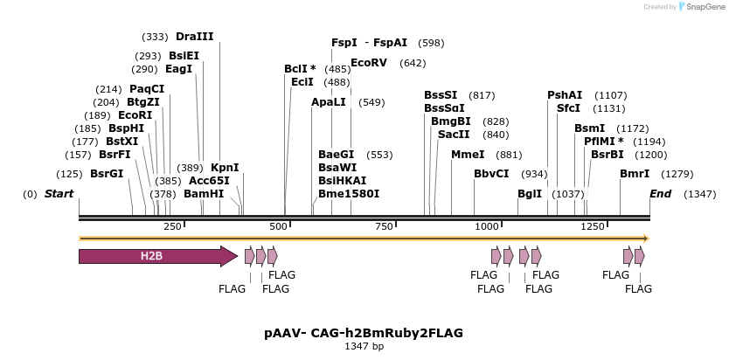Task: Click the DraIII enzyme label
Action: [194, 37]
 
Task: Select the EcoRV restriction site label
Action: [369, 63]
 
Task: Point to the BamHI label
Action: [204, 194]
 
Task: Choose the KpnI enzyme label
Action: [225, 168]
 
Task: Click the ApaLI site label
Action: [329, 102]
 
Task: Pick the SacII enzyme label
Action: [455, 135]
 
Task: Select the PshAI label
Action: [565, 95]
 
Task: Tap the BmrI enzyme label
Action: [635, 174]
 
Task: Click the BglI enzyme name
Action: [530, 194]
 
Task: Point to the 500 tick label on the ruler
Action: [279, 227]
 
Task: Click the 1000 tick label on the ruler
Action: [486, 227]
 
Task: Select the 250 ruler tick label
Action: [172, 227]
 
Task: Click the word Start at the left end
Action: [59, 194]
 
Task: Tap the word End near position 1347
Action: [660, 194]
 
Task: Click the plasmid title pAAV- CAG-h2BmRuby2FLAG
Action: [364, 333]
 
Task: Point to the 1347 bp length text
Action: [364, 347]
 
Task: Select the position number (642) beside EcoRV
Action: [413, 63]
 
